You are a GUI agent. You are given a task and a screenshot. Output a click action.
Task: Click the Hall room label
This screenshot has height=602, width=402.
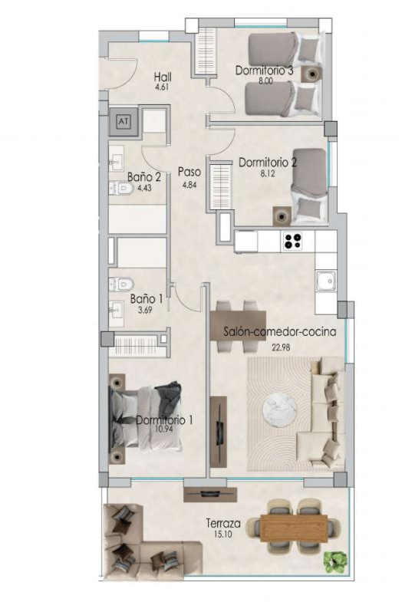[163, 77]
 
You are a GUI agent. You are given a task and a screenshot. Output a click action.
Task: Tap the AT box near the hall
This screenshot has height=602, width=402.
[123, 122]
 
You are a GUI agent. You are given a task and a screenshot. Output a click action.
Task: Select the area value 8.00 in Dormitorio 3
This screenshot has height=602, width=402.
[265, 81]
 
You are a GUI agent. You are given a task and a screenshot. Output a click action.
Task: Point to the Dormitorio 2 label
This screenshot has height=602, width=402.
[268, 163]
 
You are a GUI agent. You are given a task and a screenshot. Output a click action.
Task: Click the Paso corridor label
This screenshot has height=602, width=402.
[189, 172]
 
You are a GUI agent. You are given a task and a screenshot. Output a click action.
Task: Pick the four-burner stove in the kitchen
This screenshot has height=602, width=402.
[292, 241]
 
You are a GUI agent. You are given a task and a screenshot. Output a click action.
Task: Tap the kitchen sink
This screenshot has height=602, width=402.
[326, 281]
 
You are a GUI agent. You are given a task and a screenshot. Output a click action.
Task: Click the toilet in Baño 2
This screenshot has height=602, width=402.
[121, 188]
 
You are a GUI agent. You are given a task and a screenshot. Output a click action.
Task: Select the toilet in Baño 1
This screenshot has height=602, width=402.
[121, 284]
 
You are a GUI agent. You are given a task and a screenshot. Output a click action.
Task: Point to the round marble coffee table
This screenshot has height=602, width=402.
[279, 410]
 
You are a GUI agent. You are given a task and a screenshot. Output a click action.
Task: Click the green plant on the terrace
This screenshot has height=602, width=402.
[335, 559]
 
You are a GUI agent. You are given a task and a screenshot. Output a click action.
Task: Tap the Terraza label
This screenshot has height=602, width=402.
[223, 523]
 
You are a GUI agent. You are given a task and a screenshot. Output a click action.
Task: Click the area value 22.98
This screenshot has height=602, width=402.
[281, 347]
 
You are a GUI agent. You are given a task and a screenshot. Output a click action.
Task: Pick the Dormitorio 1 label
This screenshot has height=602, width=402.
[164, 420]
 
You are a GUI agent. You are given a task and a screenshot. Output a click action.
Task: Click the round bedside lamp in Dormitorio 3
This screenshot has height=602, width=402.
[312, 74]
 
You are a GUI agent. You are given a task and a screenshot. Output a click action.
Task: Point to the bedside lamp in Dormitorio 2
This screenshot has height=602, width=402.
[282, 216]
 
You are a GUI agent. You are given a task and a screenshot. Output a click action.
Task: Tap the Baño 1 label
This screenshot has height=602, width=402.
[147, 298]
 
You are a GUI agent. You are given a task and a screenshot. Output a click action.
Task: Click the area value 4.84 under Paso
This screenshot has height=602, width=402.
[189, 185]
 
